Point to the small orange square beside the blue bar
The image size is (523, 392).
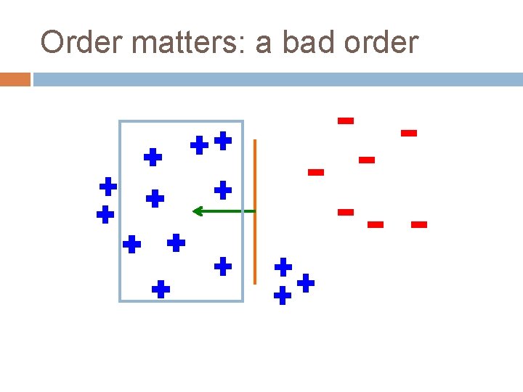(x=15, y=79)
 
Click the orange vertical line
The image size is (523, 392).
(x=255, y=211)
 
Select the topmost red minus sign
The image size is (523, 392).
(x=346, y=121)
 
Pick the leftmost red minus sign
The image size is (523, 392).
(x=315, y=172)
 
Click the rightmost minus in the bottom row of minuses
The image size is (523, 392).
(x=418, y=225)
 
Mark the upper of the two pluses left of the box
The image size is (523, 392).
(x=108, y=187)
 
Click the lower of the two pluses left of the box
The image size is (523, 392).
(x=105, y=215)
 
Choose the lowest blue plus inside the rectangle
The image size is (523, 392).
(x=161, y=290)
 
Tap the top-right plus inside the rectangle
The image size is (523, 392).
(x=223, y=140)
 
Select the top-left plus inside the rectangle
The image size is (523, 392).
(x=152, y=157)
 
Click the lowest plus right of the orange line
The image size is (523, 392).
(x=283, y=295)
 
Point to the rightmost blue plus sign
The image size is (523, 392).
(x=306, y=282)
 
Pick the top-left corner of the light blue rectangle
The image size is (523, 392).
(x=120, y=121)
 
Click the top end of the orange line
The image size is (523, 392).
(x=255, y=141)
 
